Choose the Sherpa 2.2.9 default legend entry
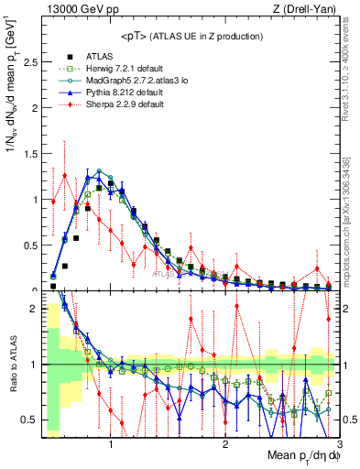tap(125, 104)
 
